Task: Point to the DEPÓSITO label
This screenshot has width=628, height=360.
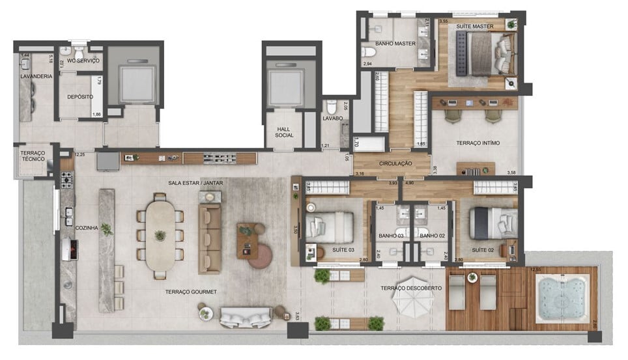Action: point(79,96)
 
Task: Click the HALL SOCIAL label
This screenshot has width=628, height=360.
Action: point(284,132)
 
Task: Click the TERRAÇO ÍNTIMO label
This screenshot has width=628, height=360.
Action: point(478,143)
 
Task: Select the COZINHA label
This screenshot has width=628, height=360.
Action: point(86,228)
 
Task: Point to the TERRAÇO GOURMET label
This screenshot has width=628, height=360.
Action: point(192,292)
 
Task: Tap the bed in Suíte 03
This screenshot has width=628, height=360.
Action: point(330,227)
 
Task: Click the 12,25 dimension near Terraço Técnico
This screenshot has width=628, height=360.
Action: point(80,154)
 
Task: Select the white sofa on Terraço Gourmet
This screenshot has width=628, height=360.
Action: point(245,317)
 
